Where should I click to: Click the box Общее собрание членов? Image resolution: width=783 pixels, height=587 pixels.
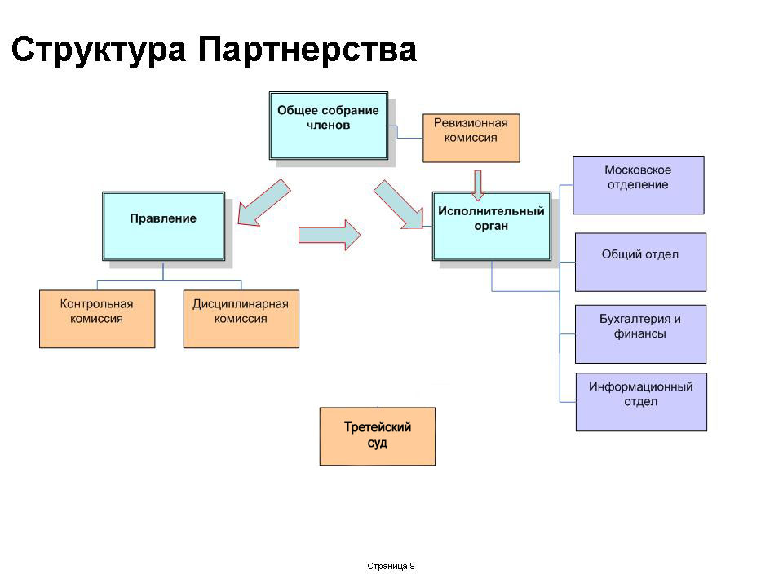[x=329, y=126]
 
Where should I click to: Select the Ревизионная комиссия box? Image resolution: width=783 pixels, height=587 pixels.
[x=471, y=138]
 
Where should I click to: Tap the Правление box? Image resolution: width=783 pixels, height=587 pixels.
[x=163, y=226]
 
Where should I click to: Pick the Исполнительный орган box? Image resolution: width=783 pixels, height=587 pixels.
[x=491, y=226]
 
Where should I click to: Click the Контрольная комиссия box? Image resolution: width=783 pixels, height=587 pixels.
[x=97, y=319]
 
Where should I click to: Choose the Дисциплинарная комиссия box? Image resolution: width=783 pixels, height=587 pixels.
[x=241, y=319]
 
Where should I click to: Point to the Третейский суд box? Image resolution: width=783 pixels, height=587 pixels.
[x=378, y=436]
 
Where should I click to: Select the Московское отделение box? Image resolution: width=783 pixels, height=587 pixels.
[x=638, y=185]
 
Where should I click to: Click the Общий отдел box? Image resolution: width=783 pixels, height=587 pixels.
[x=641, y=262]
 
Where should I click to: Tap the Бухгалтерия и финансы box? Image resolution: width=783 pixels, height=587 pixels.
[x=641, y=334]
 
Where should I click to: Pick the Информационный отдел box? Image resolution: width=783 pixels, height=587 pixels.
[x=641, y=402]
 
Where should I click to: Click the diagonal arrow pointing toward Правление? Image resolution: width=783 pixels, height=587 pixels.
[x=263, y=203]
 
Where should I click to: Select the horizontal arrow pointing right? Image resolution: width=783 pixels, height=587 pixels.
[x=330, y=235]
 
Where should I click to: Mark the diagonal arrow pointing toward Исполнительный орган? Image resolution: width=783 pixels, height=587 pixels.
[x=399, y=205]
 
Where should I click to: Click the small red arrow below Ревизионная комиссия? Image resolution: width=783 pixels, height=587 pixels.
[x=478, y=185]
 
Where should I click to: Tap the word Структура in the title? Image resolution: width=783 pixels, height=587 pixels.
[x=99, y=50]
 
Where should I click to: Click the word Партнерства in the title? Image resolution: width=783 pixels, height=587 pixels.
[x=307, y=49]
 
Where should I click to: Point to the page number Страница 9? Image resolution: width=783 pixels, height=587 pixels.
[x=391, y=566]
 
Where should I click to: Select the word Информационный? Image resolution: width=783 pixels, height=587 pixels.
[x=641, y=386]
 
